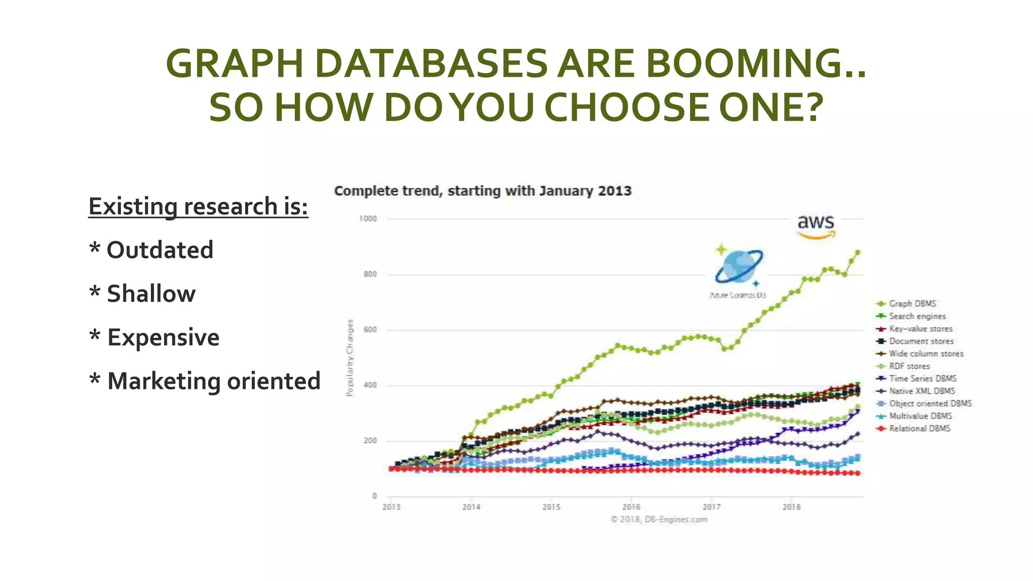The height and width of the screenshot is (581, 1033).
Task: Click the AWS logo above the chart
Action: (816, 226)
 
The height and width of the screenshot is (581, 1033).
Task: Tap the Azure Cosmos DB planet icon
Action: (738, 266)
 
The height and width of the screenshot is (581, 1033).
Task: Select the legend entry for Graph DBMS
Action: (912, 304)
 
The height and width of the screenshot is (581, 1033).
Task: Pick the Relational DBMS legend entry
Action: (919, 428)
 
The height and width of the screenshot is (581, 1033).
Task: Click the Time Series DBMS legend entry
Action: (922, 378)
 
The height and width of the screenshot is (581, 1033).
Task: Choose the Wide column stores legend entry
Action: (926, 354)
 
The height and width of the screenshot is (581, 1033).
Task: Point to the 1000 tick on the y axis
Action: (368, 218)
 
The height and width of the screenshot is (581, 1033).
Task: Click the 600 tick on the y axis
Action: (370, 329)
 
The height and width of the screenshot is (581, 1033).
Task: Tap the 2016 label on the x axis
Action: (631, 507)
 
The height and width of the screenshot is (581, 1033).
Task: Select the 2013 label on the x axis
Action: (391, 507)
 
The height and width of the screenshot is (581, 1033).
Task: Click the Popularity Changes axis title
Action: (350, 358)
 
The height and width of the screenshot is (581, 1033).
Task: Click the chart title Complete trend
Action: (483, 191)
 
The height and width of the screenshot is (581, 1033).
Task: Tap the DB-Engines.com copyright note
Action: (659, 519)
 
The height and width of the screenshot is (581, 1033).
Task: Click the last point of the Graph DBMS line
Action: (857, 253)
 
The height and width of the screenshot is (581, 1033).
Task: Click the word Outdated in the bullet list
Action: (160, 250)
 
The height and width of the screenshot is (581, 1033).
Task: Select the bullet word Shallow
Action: (151, 294)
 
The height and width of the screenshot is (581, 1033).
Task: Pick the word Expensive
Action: (163, 337)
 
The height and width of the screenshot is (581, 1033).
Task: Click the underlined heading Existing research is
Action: (198, 206)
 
